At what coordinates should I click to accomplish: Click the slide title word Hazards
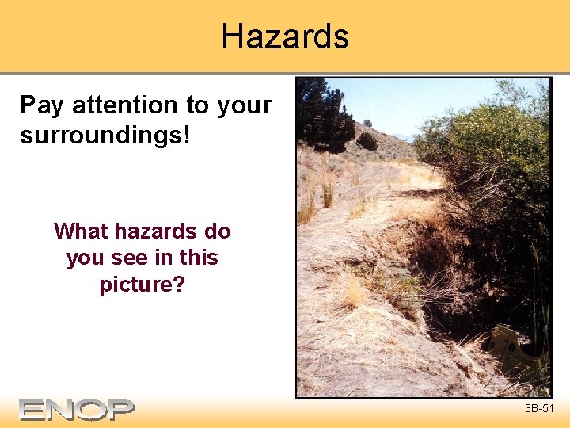285,36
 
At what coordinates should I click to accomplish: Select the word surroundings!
105,135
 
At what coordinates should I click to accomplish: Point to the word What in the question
81,231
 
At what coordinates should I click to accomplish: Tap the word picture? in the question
142,284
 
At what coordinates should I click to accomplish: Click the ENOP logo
77,409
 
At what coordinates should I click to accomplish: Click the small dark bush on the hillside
367,141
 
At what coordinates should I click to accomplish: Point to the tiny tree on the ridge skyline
367,123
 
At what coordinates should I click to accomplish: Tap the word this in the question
198,258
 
